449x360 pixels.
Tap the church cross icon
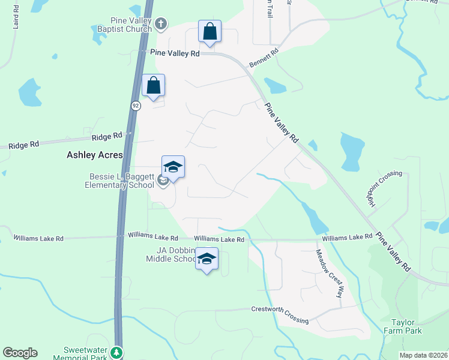tap(160, 24)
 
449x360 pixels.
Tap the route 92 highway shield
tap(136, 106)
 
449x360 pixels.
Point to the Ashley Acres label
tap(94, 155)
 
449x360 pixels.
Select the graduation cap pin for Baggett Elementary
tap(173, 167)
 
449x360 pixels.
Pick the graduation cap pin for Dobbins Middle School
tap(206, 259)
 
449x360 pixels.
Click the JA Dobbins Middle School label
tap(171, 254)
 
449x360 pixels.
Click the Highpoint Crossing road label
tap(376, 189)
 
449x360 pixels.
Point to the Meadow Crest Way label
tap(330, 273)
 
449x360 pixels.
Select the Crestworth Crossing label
tap(279, 315)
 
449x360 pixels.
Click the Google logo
tap(20, 353)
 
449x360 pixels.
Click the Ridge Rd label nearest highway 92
tap(110, 136)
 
